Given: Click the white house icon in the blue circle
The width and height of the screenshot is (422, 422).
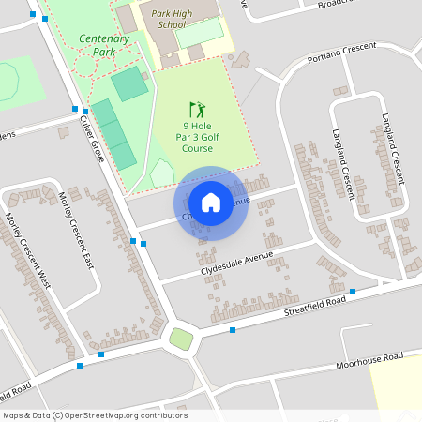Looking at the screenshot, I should pyautogui.click(x=211, y=202).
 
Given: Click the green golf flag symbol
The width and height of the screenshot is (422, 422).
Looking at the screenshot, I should pyautogui.click(x=197, y=109).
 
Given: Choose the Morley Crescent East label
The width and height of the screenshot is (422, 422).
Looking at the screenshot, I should pyautogui.click(x=77, y=230).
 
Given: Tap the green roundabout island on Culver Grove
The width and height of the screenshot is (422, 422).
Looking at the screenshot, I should pyautogui.click(x=181, y=339).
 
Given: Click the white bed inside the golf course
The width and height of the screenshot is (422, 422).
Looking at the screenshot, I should pyautogui.click(x=163, y=173).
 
